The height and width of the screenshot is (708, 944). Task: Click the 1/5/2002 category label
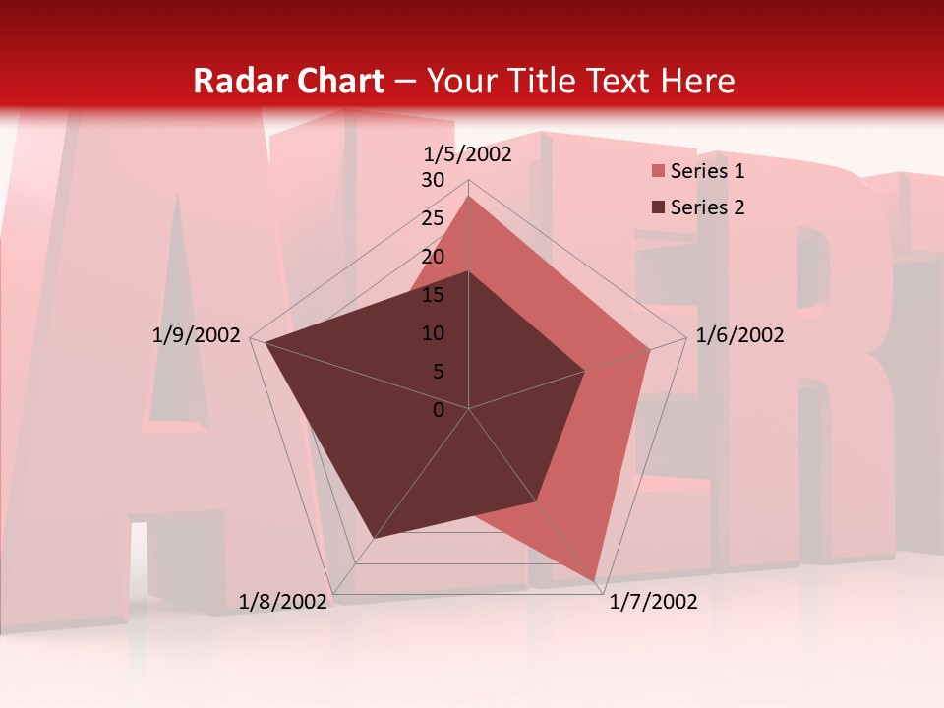point(468,153)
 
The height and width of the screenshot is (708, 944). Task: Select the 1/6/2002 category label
point(739,335)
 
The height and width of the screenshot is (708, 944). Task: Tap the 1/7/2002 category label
point(653,602)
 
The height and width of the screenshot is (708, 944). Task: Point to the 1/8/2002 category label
point(283,602)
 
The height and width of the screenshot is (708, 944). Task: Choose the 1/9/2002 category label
point(197,335)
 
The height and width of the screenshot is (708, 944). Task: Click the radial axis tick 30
point(433,180)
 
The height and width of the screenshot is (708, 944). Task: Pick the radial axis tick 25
point(433,218)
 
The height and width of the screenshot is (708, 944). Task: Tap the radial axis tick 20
point(433,257)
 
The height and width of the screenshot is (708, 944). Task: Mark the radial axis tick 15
point(433,295)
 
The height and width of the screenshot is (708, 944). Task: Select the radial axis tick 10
point(433,333)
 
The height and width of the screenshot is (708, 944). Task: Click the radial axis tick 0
point(439,410)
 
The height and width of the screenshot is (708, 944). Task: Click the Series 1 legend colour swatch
point(659,172)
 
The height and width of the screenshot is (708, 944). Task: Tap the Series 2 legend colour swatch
point(659,207)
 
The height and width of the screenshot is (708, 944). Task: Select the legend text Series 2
point(707,207)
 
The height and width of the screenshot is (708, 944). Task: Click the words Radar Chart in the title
point(288,81)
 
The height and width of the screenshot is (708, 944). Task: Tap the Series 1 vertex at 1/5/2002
point(469,196)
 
